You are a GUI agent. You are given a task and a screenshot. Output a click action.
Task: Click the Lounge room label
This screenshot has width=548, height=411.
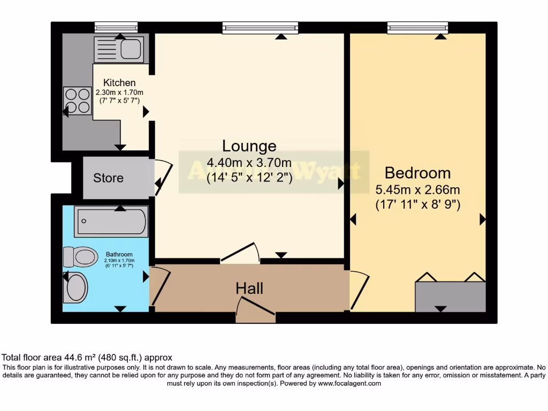[249, 146]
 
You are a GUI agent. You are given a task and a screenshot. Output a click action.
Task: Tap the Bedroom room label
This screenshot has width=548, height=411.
[417, 173]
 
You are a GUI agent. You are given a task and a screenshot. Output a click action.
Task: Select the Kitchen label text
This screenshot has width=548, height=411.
[119, 83]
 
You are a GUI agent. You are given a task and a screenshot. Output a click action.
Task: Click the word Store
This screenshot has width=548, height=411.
[108, 178]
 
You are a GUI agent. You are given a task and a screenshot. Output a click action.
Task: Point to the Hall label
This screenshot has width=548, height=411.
[249, 289]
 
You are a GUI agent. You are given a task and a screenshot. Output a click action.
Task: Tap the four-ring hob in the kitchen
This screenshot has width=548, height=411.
[77, 101]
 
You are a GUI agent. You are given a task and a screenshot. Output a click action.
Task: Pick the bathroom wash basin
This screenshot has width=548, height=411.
[75, 288]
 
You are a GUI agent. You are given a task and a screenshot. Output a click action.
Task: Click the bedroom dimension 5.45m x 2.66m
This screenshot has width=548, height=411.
[418, 189]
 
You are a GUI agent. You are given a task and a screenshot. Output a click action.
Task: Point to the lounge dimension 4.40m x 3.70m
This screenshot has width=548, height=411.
[249, 163]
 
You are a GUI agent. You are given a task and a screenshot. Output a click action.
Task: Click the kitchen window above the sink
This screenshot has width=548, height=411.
[116, 27]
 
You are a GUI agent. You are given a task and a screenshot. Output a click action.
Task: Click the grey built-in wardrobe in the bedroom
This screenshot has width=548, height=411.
[451, 296]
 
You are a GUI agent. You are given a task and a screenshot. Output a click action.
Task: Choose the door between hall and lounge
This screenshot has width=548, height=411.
[240, 254]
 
